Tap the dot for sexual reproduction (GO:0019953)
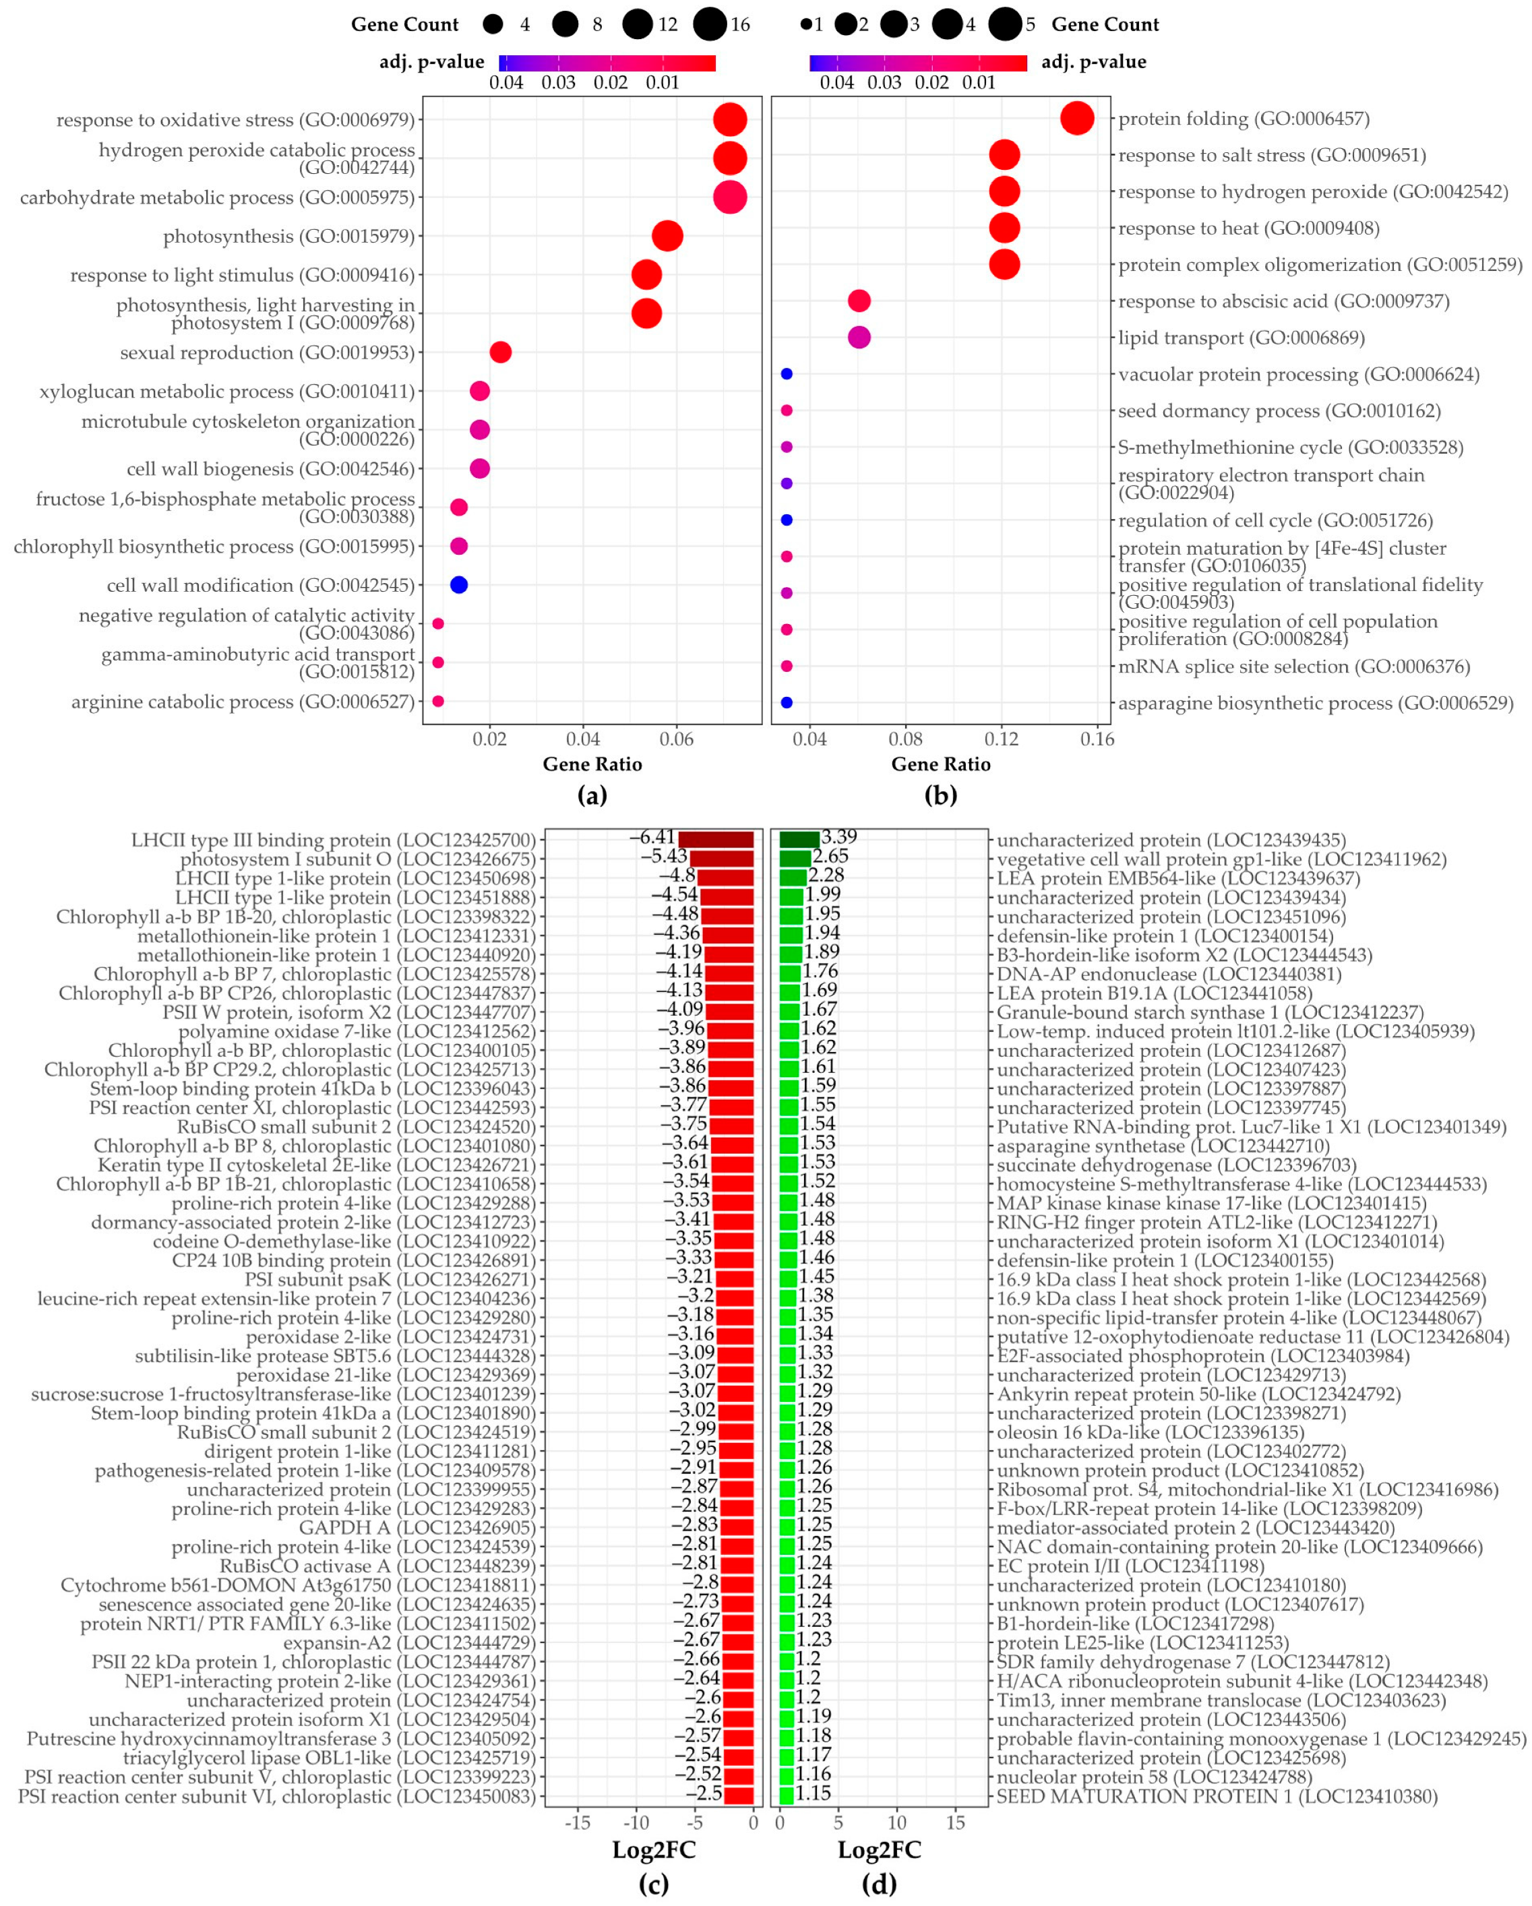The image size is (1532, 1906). pos(499,352)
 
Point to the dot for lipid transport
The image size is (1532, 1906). pos(859,337)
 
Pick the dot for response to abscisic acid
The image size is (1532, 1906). pos(859,301)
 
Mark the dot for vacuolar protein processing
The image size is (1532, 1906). pos(786,374)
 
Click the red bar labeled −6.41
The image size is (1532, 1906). pos(716,840)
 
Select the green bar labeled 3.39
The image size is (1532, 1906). pos(799,840)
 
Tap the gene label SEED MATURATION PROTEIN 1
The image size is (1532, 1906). pos(1217,1795)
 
